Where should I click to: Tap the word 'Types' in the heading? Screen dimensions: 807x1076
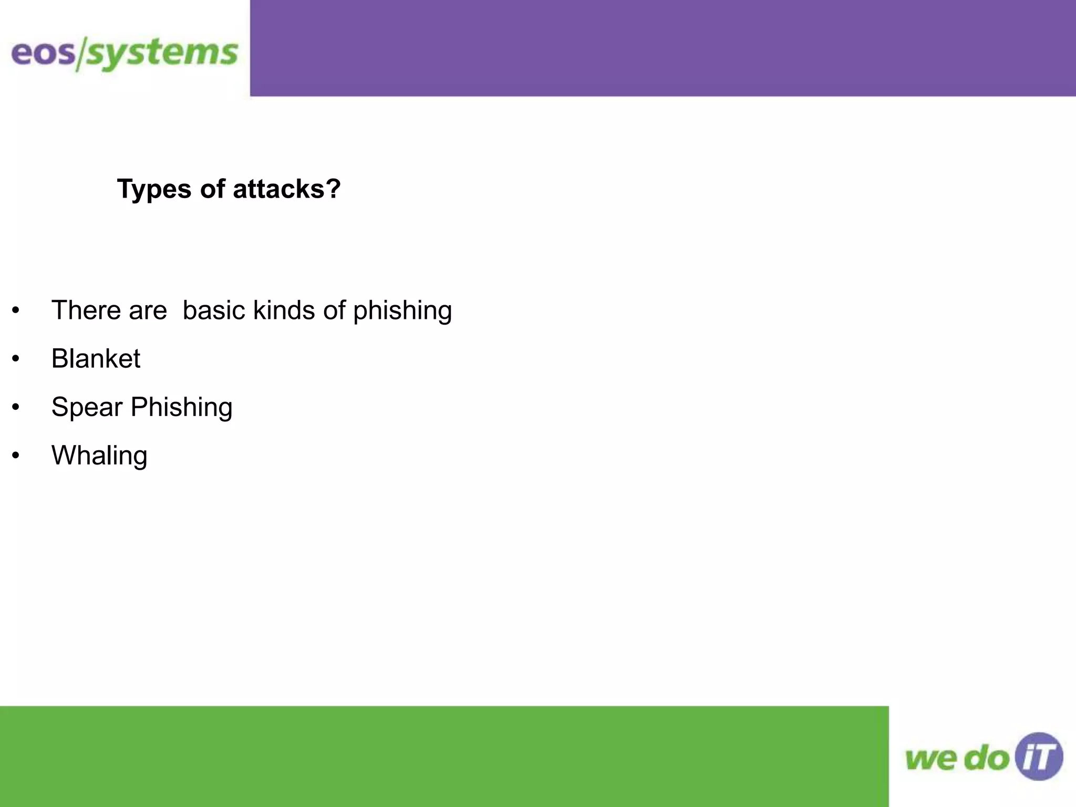pos(154,189)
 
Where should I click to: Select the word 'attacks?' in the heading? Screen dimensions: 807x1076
pos(287,189)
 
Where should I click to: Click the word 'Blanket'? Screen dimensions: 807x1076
pos(96,358)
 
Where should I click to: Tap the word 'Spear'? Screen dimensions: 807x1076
pos(87,408)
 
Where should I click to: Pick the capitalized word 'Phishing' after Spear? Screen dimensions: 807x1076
pos(181,407)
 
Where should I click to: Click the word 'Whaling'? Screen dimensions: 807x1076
pos(99,456)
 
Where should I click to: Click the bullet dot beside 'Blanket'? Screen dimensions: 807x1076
pos(16,359)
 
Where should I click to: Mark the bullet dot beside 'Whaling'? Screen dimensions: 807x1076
pos(16,456)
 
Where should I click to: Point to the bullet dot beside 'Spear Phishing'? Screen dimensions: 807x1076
pos(16,407)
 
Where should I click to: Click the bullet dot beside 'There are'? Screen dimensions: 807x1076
pos(16,311)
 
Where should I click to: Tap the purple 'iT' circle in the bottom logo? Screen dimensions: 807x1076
pos(1039,757)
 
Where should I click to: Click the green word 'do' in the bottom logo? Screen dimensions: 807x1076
pos(988,759)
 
